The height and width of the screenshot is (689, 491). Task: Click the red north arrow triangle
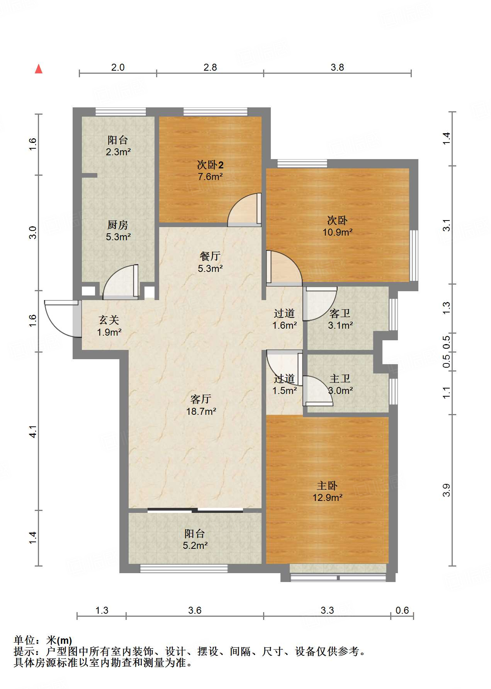(39, 69)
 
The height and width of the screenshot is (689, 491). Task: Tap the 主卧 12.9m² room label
(328, 491)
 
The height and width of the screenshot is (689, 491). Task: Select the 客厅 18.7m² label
(201, 405)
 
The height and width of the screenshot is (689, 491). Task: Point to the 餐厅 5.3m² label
(210, 262)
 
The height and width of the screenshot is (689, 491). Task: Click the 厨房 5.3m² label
(118, 231)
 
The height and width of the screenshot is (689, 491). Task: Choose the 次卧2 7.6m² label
(210, 171)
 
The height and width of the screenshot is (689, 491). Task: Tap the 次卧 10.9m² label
(337, 226)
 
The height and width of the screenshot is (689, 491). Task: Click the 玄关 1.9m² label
(109, 326)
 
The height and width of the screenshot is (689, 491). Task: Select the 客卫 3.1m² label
(340, 319)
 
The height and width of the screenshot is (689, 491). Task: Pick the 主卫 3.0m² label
(340, 385)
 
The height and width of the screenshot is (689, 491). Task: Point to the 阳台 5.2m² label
(195, 540)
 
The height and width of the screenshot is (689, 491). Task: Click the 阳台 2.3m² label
(118, 146)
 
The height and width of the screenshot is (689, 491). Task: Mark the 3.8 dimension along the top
(337, 67)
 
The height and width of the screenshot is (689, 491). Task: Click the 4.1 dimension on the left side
(33, 431)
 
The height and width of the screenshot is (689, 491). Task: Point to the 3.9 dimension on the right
(446, 490)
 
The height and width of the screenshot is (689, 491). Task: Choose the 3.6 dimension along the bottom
(195, 610)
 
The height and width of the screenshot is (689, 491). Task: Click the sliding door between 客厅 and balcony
(195, 510)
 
